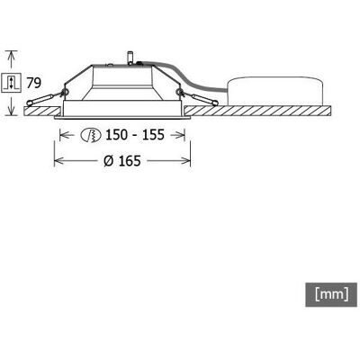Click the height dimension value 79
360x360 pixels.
tap(33, 83)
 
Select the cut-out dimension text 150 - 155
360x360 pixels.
tap(135, 135)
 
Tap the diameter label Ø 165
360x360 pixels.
tap(122, 161)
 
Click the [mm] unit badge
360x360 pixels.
tap(331, 294)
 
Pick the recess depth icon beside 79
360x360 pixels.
tap(12, 83)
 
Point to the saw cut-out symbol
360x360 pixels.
tap(91, 135)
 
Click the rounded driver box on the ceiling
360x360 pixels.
tap(275, 91)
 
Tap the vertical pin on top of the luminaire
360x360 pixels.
tap(130, 58)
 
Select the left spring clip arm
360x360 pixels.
tap(42, 99)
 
